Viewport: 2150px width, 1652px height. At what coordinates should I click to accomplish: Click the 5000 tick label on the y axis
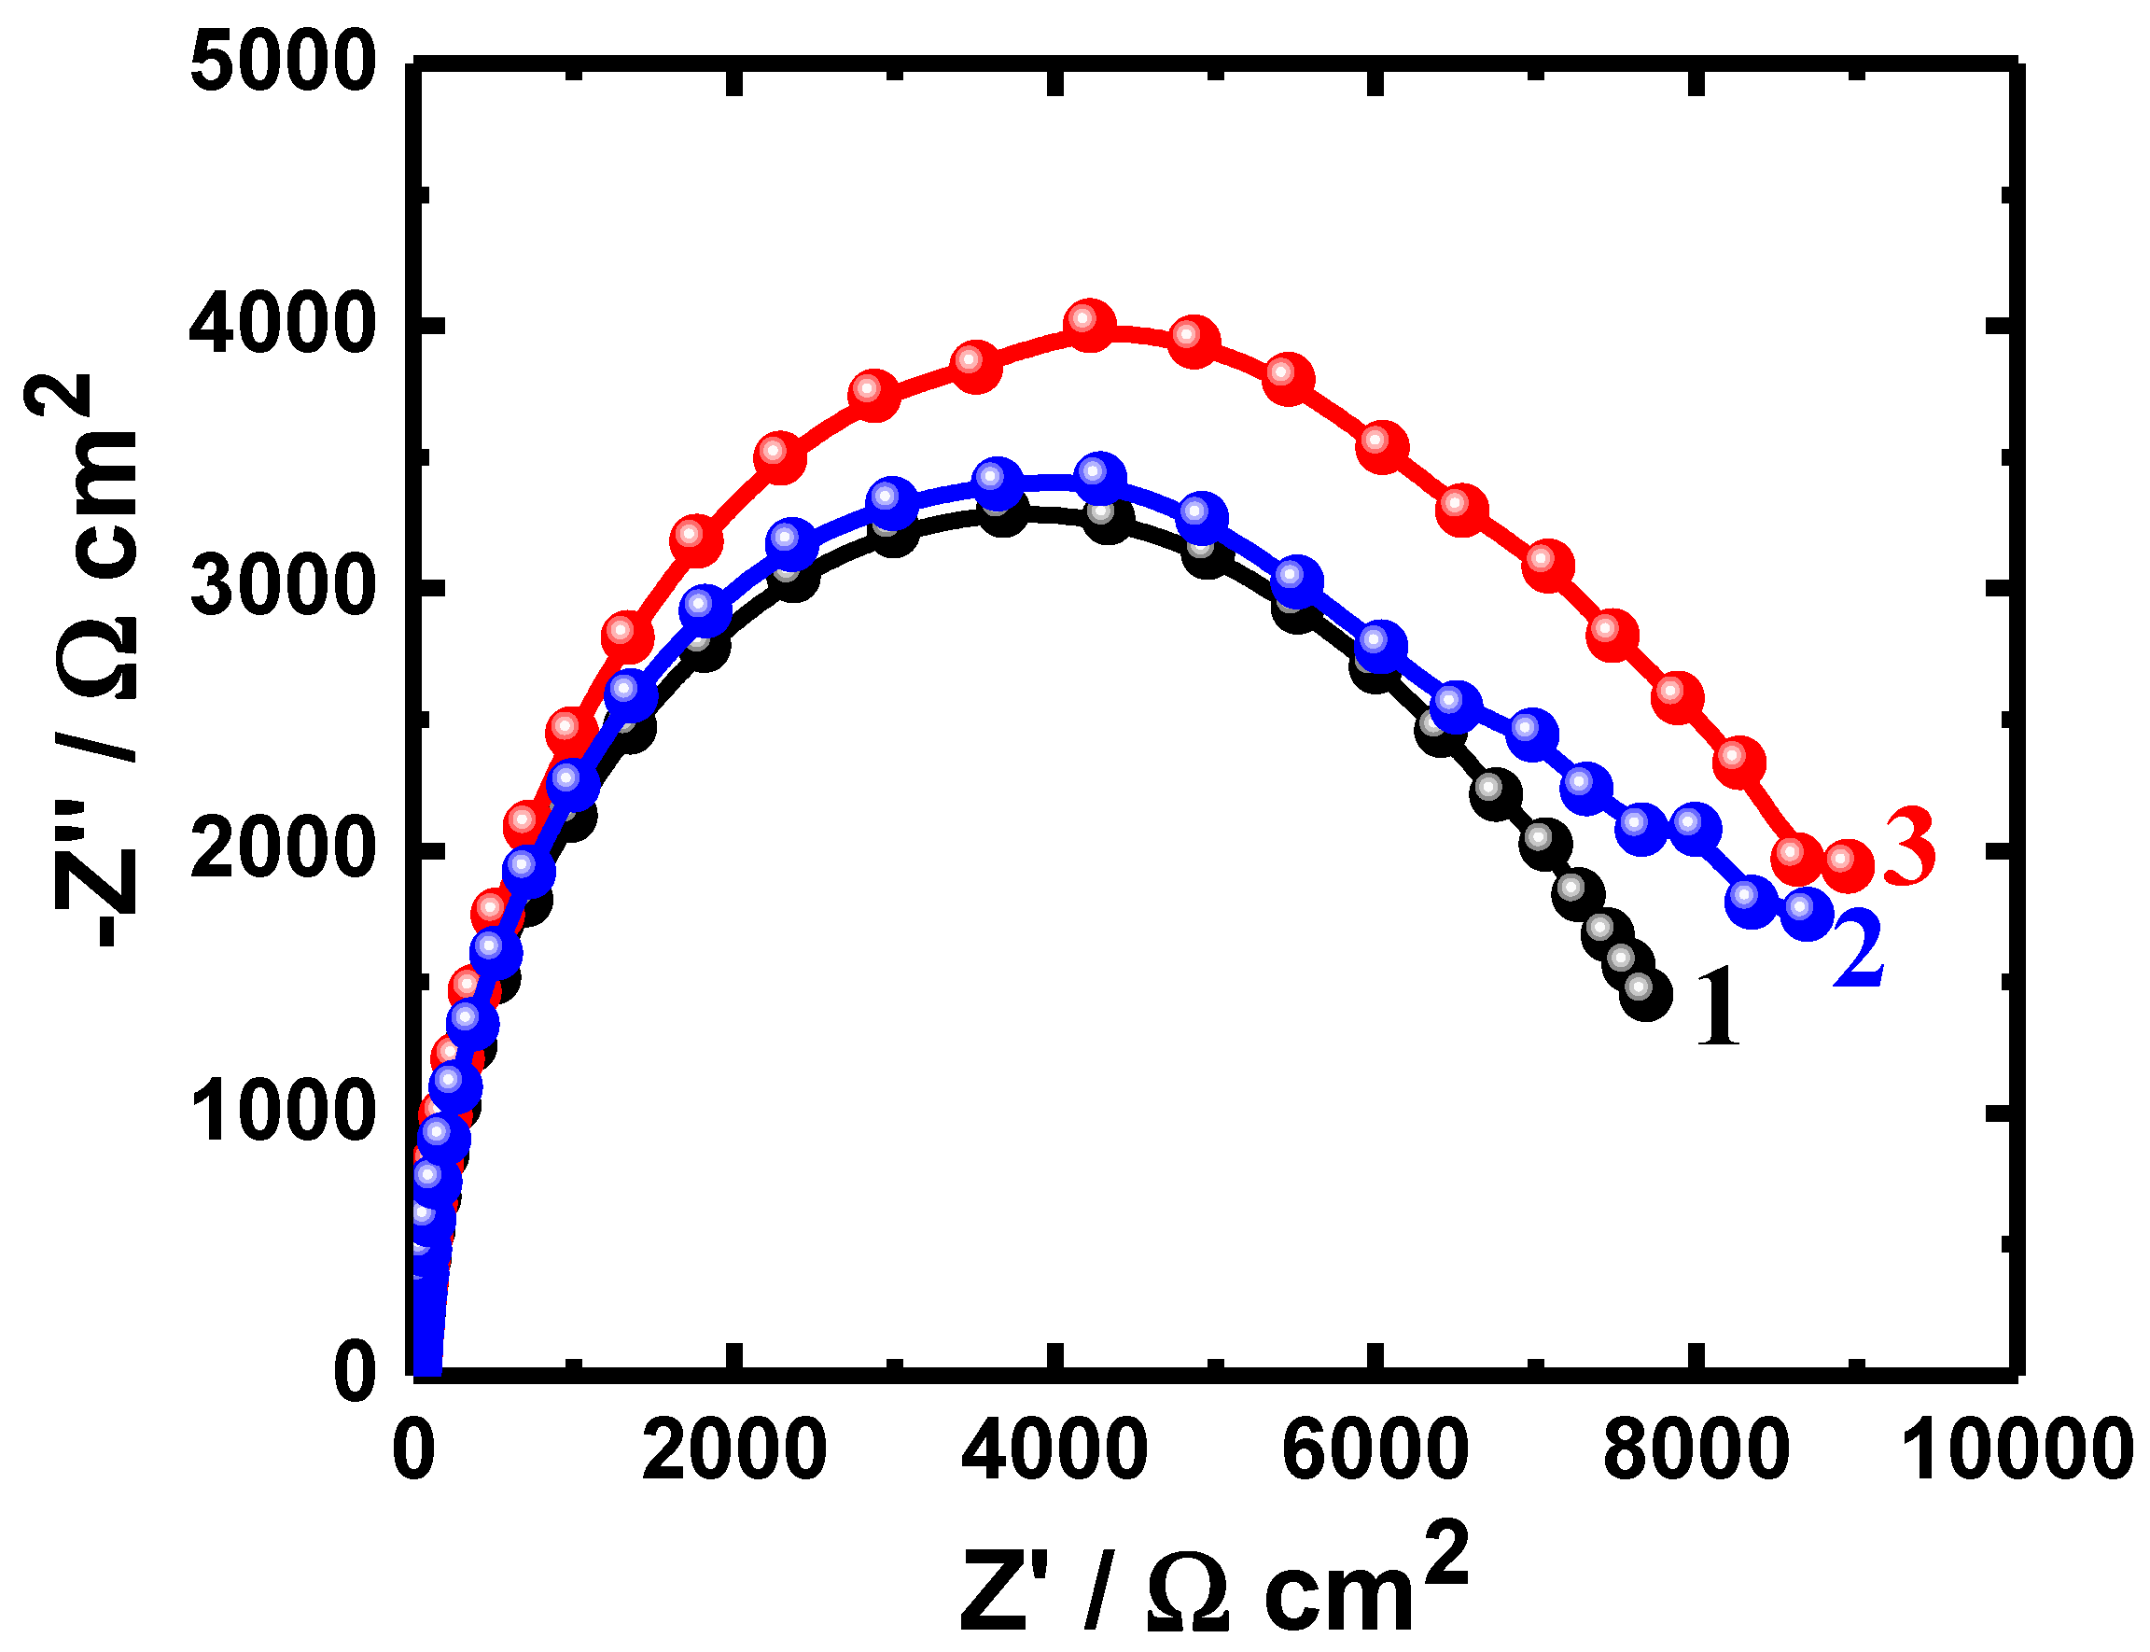point(283,63)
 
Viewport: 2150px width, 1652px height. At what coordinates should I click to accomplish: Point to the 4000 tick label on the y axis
point(283,327)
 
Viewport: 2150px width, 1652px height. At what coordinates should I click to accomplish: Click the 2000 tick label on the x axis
point(733,1449)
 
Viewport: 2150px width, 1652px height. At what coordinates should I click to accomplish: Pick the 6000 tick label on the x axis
point(1375,1449)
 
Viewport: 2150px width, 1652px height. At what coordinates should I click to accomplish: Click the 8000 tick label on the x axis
point(1696,1449)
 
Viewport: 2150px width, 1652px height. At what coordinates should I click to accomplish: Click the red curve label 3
point(1909,848)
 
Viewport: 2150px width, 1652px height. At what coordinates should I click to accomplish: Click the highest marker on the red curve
point(1088,325)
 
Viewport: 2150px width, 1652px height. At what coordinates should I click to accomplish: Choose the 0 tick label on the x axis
point(412,1449)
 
